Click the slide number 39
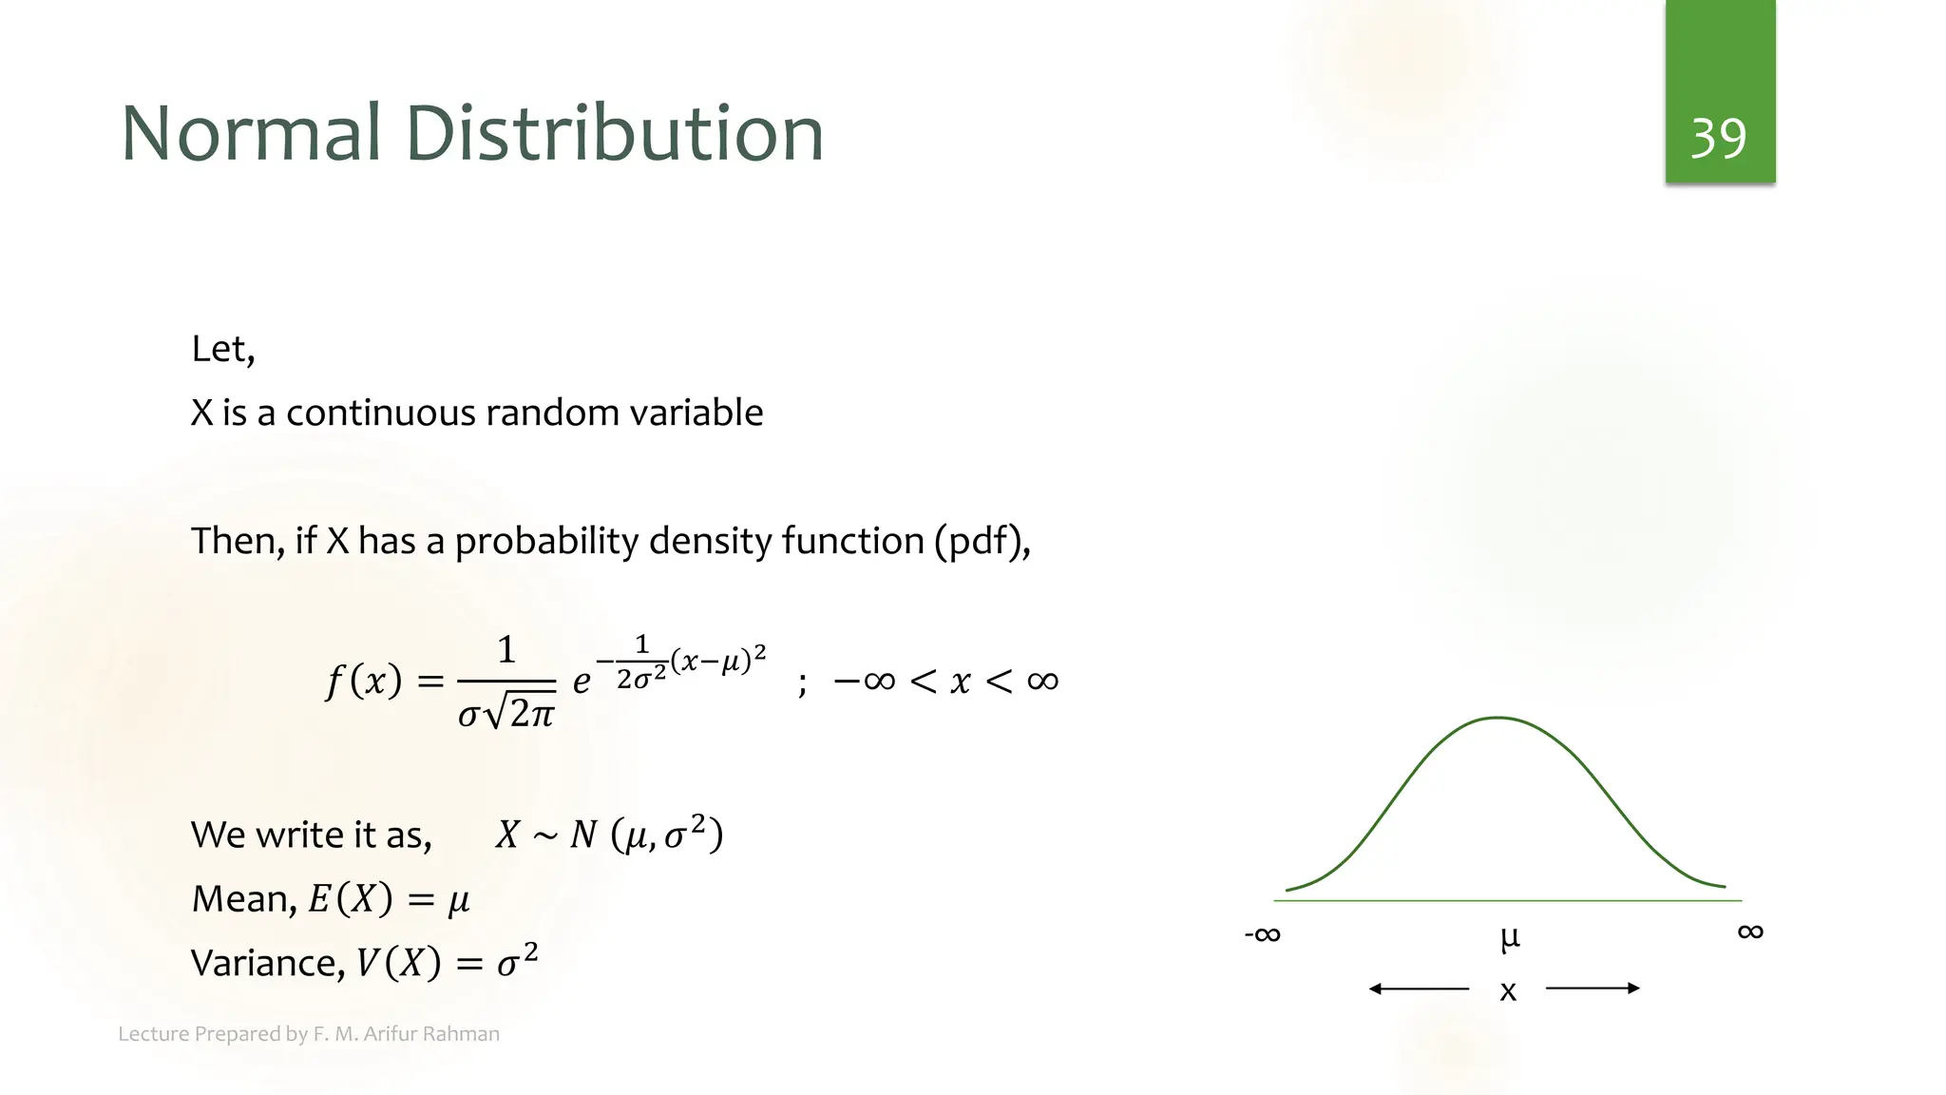(x=1718, y=139)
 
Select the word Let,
(x=223, y=350)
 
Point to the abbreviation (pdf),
(x=982, y=541)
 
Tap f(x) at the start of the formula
(x=363, y=681)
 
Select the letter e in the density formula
(x=582, y=681)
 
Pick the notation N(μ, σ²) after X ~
(x=646, y=835)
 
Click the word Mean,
(x=244, y=899)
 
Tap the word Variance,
(x=268, y=963)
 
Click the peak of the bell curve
(x=1498, y=719)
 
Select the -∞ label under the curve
(x=1262, y=934)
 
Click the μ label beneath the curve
(x=1509, y=938)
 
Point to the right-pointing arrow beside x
(x=1593, y=989)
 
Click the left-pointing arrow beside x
(x=1419, y=989)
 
